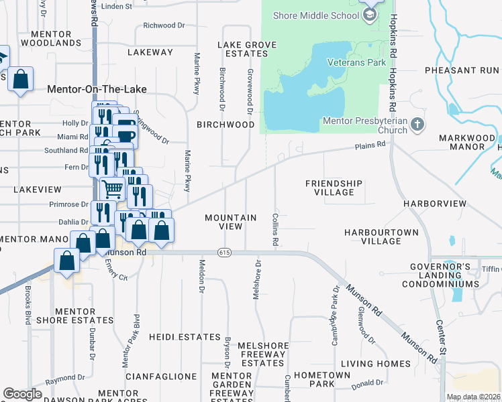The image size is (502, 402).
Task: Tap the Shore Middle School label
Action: pyautogui.click(x=317, y=15)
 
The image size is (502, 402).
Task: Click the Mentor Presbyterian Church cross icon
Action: pyautogui.click(x=417, y=124)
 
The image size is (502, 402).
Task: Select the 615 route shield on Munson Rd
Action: pyautogui.click(x=224, y=252)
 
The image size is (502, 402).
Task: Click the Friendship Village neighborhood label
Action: pyautogui.click(x=334, y=188)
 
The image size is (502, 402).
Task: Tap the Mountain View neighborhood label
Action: pyautogui.click(x=230, y=222)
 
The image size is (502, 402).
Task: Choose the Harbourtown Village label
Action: pyautogui.click(x=381, y=237)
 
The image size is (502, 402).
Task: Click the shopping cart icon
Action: pyautogui.click(x=112, y=190)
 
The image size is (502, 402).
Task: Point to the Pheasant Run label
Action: pyautogui.click(x=462, y=70)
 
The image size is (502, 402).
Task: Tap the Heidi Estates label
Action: pyautogui.click(x=185, y=337)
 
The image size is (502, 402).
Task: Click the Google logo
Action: pyautogui.click(x=22, y=394)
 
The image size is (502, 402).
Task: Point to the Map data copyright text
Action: pyautogui.click(x=473, y=397)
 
